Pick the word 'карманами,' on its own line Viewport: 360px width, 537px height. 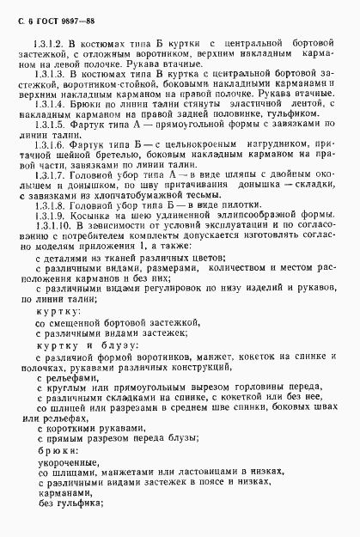pos(63,496)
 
